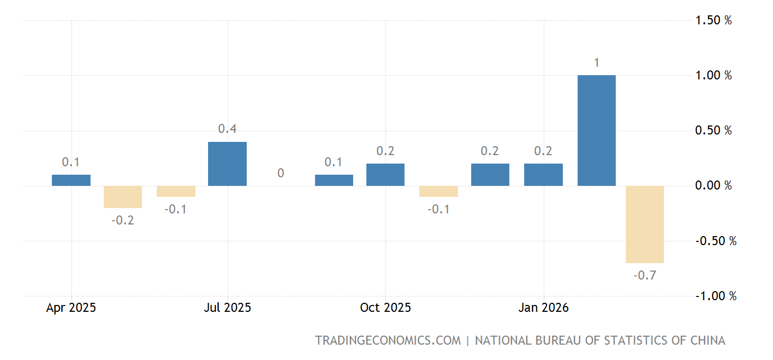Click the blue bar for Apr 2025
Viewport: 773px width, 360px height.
pyautogui.click(x=71, y=181)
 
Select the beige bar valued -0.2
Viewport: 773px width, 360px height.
pyautogui.click(x=123, y=197)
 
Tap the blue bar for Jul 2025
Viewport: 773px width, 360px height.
pyautogui.click(x=227, y=164)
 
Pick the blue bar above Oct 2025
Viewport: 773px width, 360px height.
pyautogui.click(x=385, y=175)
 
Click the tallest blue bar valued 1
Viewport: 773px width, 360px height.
pyautogui.click(x=597, y=130)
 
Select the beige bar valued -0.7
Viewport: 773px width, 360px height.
pyautogui.click(x=644, y=224)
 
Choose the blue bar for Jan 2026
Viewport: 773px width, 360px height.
pyautogui.click(x=543, y=175)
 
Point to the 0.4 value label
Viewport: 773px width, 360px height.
pyautogui.click(x=227, y=129)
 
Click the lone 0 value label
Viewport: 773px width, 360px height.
pyautogui.click(x=281, y=173)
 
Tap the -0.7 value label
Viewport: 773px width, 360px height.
pyautogui.click(x=644, y=275)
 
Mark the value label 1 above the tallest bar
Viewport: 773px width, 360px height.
pyautogui.click(x=597, y=63)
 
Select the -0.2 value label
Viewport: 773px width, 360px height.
pyautogui.click(x=123, y=220)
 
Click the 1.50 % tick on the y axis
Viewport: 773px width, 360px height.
pyautogui.click(x=713, y=20)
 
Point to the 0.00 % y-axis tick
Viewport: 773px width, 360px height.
pyautogui.click(x=713, y=185)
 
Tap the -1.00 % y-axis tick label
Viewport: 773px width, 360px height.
pyautogui.click(x=715, y=296)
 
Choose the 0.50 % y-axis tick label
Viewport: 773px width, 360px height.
pyautogui.click(x=713, y=130)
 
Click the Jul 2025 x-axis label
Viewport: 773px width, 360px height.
pyautogui.click(x=227, y=308)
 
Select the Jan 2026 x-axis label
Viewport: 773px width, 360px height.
pyautogui.click(x=543, y=308)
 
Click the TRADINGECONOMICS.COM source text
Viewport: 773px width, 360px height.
pyautogui.click(x=388, y=340)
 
